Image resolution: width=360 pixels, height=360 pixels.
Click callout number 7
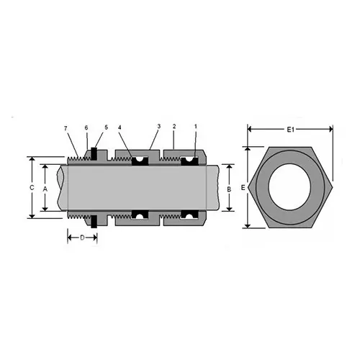66,128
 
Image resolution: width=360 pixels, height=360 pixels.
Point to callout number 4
120,128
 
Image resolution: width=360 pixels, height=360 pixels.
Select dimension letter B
229,188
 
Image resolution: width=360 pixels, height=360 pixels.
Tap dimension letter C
32,187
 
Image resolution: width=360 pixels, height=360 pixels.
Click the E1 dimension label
291,130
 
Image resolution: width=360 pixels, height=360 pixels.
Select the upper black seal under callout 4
140,160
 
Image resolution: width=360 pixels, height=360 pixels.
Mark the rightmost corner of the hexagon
333,187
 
